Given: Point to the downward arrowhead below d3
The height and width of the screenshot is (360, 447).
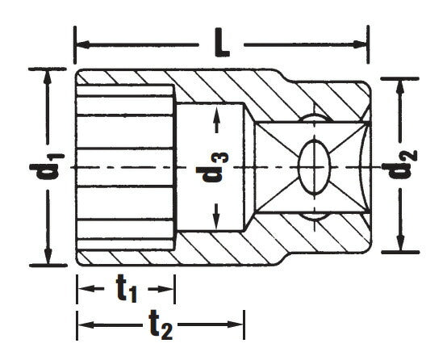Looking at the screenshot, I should click(x=216, y=220).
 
